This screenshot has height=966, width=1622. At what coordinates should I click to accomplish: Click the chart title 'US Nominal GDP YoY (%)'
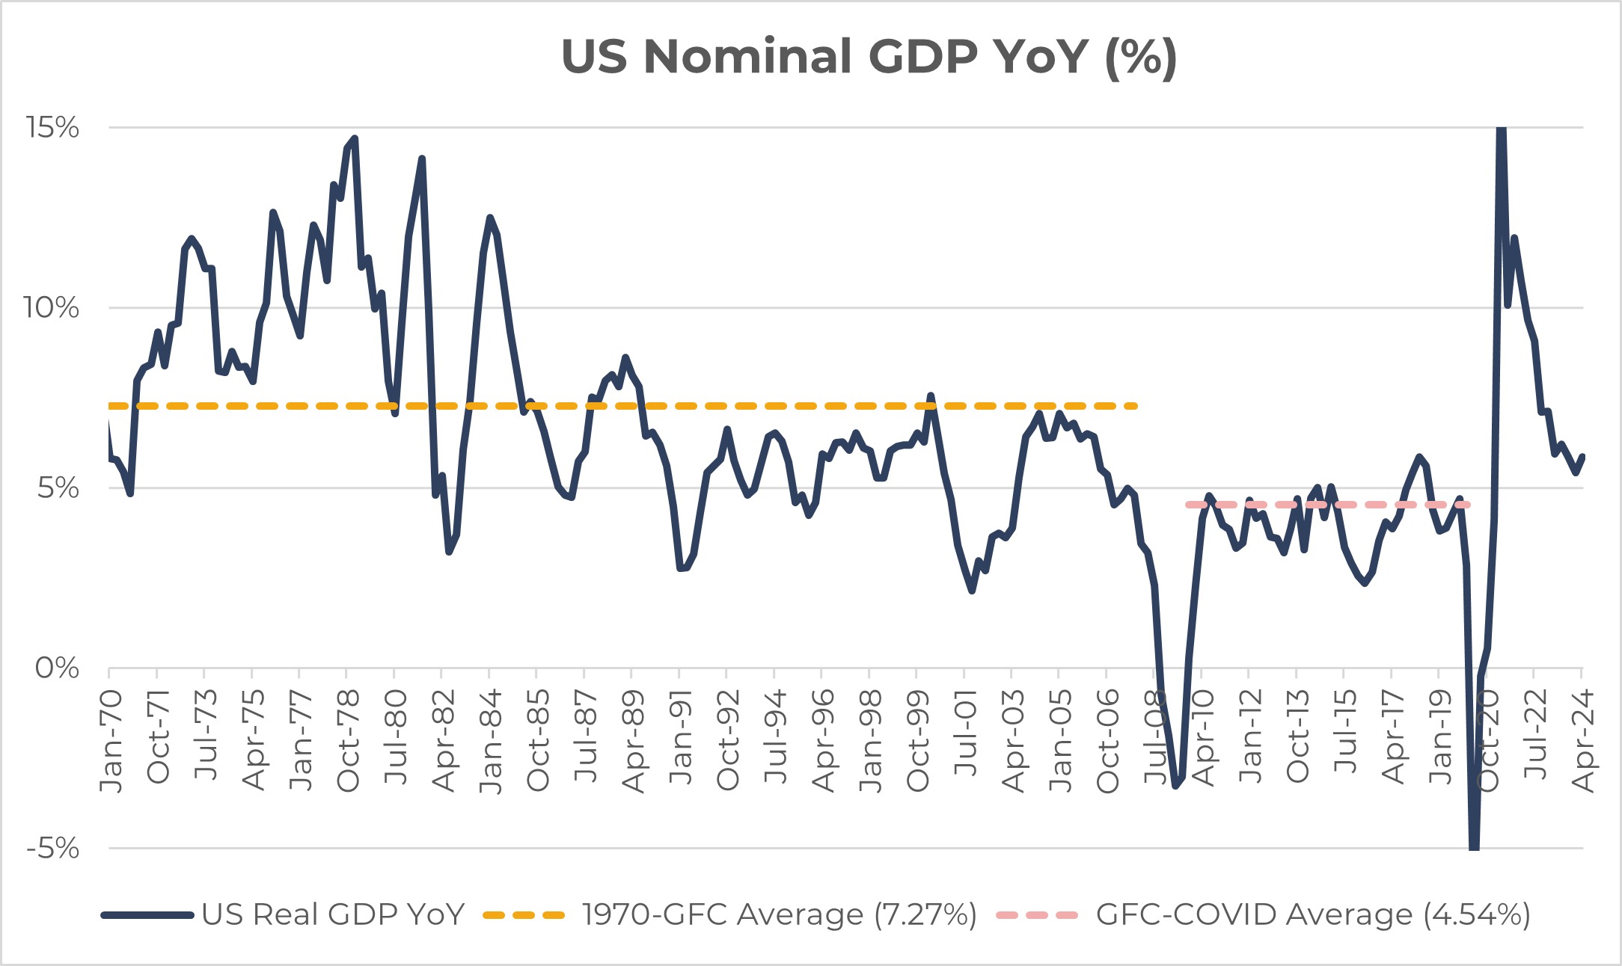tap(869, 57)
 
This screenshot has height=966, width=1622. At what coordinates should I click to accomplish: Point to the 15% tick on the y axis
tap(52, 127)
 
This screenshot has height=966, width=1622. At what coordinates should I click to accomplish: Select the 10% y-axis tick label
tap(51, 307)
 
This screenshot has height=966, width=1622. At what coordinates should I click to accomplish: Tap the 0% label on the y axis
tap(57, 668)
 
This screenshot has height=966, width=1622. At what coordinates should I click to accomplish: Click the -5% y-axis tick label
tap(52, 848)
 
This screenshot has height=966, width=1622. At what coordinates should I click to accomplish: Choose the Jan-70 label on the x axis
tap(111, 740)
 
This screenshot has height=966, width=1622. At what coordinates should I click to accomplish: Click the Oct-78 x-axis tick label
tap(348, 740)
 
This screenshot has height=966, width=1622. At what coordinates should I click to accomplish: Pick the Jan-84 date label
tap(491, 740)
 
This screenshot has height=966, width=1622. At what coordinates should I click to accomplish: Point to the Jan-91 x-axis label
tap(681, 737)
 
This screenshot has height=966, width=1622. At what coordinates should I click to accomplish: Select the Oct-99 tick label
tap(918, 740)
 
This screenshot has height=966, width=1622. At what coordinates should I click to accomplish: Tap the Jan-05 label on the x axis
tap(1060, 740)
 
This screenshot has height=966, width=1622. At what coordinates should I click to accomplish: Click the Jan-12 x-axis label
tap(1250, 737)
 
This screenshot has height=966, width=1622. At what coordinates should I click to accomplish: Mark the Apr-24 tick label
tap(1582, 740)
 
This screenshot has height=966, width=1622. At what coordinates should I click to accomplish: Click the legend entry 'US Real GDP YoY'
tap(333, 914)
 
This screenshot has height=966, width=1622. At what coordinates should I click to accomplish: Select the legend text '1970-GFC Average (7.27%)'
tap(779, 914)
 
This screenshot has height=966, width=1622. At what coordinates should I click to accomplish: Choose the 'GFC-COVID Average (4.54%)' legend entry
tap(1313, 914)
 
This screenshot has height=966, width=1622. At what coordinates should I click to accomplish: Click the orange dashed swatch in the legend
tap(524, 914)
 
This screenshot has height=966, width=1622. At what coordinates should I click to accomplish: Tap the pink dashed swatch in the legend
tap(1037, 914)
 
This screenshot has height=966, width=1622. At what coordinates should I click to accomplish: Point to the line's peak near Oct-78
tap(355, 139)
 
